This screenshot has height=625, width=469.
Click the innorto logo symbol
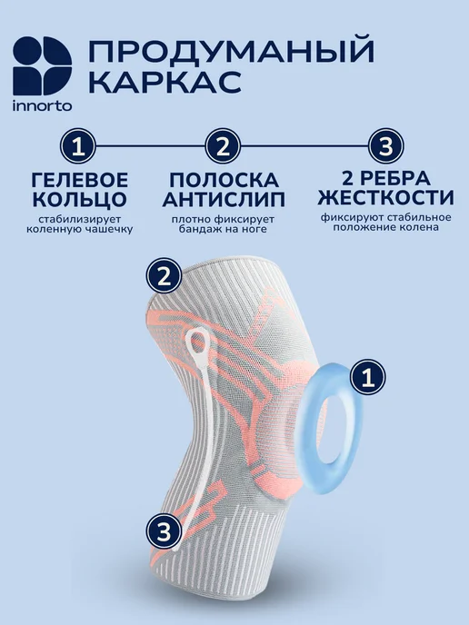point(43,65)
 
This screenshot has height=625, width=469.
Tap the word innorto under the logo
point(43,105)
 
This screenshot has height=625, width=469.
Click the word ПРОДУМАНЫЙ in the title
point(231,51)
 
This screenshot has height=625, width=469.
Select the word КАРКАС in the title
point(165,82)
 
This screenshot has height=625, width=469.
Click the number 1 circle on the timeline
point(78,146)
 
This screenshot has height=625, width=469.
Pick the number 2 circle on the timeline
point(223,146)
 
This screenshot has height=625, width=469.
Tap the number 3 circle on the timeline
point(385,146)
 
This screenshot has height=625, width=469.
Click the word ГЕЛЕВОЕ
point(80,180)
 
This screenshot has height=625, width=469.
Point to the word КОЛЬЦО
point(80,199)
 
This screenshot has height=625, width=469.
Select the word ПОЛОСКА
point(225,180)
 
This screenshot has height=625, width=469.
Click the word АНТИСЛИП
point(224,199)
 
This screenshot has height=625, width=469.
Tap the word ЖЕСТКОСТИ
point(386,197)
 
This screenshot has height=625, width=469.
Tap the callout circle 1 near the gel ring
point(368,377)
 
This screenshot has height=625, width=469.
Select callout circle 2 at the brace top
point(164,277)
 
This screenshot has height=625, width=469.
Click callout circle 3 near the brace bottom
point(164,532)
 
